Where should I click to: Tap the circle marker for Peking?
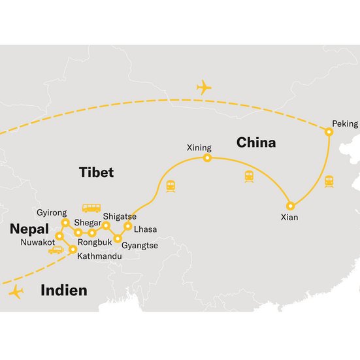(329, 132)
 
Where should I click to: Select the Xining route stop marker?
(207, 158)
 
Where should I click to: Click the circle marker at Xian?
(291, 206)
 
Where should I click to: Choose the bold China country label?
(256, 142)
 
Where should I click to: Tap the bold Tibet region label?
(96, 172)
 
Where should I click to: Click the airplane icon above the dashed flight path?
(205, 87)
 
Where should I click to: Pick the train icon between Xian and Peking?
(329, 182)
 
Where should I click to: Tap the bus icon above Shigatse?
(91, 208)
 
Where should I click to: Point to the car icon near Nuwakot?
(56, 250)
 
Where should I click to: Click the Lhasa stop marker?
(128, 226)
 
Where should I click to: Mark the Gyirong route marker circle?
(65, 223)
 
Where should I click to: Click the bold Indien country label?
(63, 290)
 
